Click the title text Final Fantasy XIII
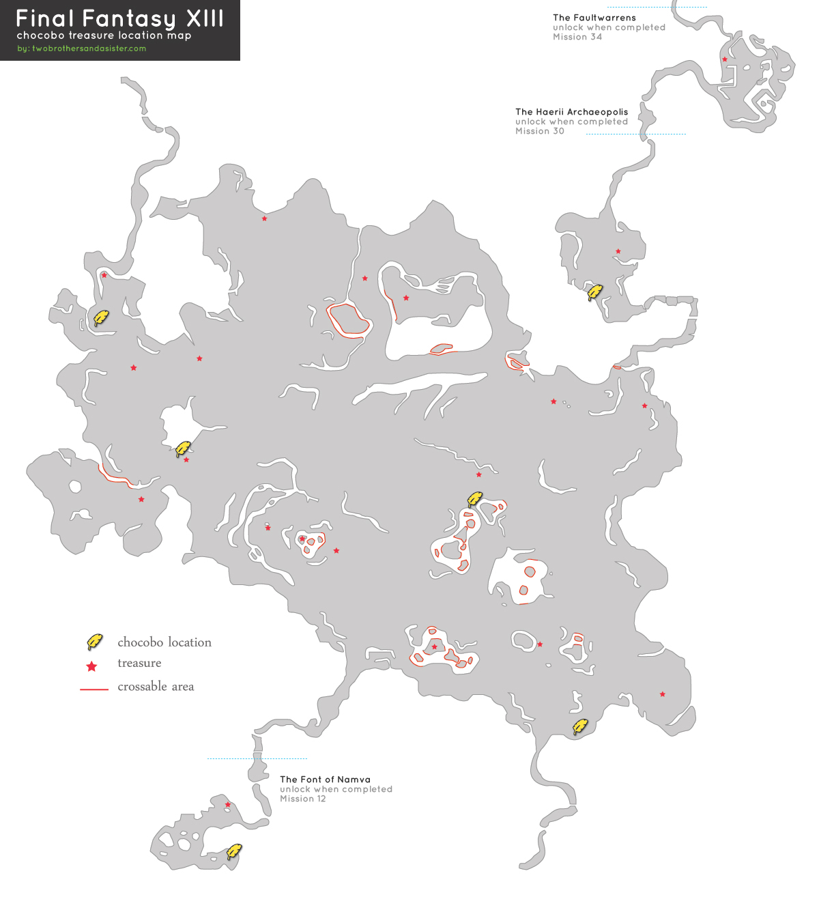point(119,18)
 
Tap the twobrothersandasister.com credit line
point(82,48)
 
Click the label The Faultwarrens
point(594,18)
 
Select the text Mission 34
point(577,37)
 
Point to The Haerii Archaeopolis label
point(571,112)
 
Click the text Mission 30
point(539,131)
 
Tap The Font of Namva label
point(325,780)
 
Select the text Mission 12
point(302,799)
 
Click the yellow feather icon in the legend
point(94,642)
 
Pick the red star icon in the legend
point(91,666)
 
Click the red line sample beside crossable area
point(94,689)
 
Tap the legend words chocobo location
point(164,642)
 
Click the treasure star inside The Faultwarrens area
point(725,59)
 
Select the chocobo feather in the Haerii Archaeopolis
point(594,293)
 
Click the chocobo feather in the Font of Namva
point(233,851)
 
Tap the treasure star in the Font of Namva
point(228,805)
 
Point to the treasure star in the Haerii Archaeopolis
point(618,251)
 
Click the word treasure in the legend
point(139,663)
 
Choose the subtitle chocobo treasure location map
point(104,35)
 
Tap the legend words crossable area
point(156,687)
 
